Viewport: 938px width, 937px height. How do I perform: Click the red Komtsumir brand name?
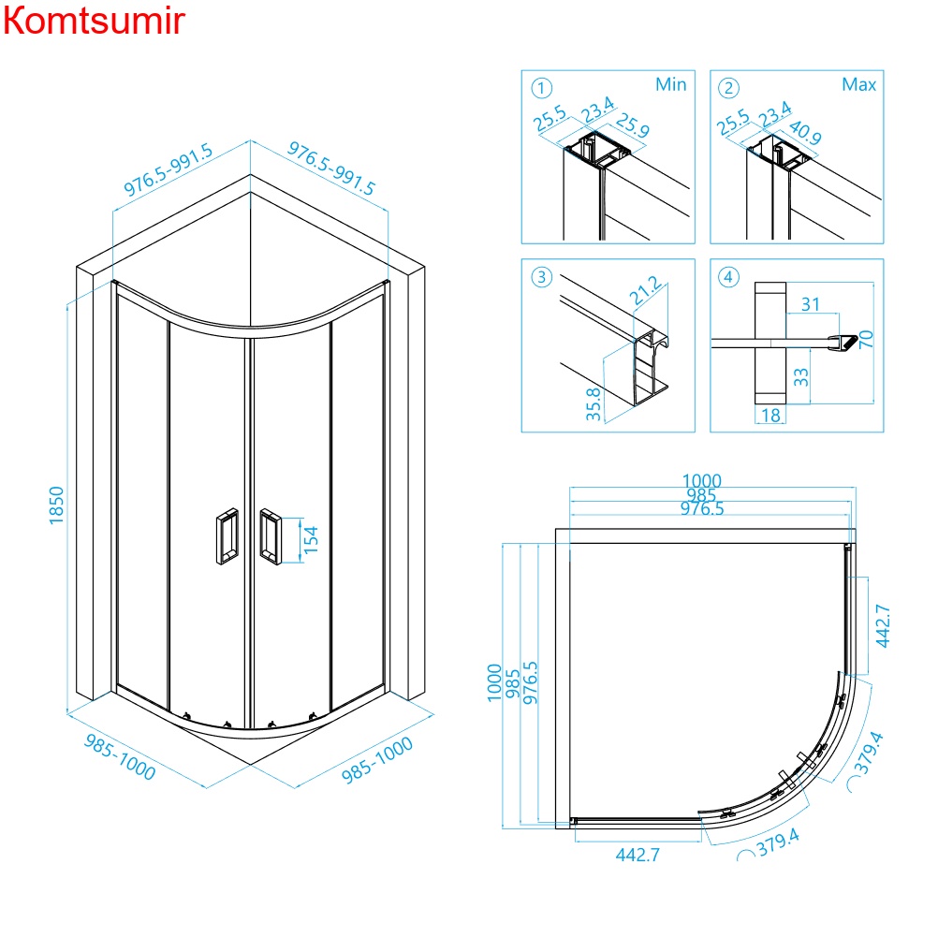point(94,21)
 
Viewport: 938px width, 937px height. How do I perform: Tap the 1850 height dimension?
point(56,505)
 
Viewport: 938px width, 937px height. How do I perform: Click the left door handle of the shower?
point(225,536)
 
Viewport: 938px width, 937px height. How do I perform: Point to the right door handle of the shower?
point(271,536)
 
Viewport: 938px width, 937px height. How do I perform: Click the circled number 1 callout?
point(540,88)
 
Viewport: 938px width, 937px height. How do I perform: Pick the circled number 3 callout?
point(541,278)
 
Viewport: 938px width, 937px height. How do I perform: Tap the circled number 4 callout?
point(729,278)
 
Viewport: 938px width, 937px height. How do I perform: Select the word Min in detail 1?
point(670,85)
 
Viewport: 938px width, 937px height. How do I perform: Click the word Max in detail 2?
point(858,85)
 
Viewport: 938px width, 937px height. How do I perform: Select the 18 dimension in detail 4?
point(770,415)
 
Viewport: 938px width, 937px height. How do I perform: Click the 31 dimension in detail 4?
point(811,304)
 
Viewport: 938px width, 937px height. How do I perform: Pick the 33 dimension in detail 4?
point(801,376)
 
